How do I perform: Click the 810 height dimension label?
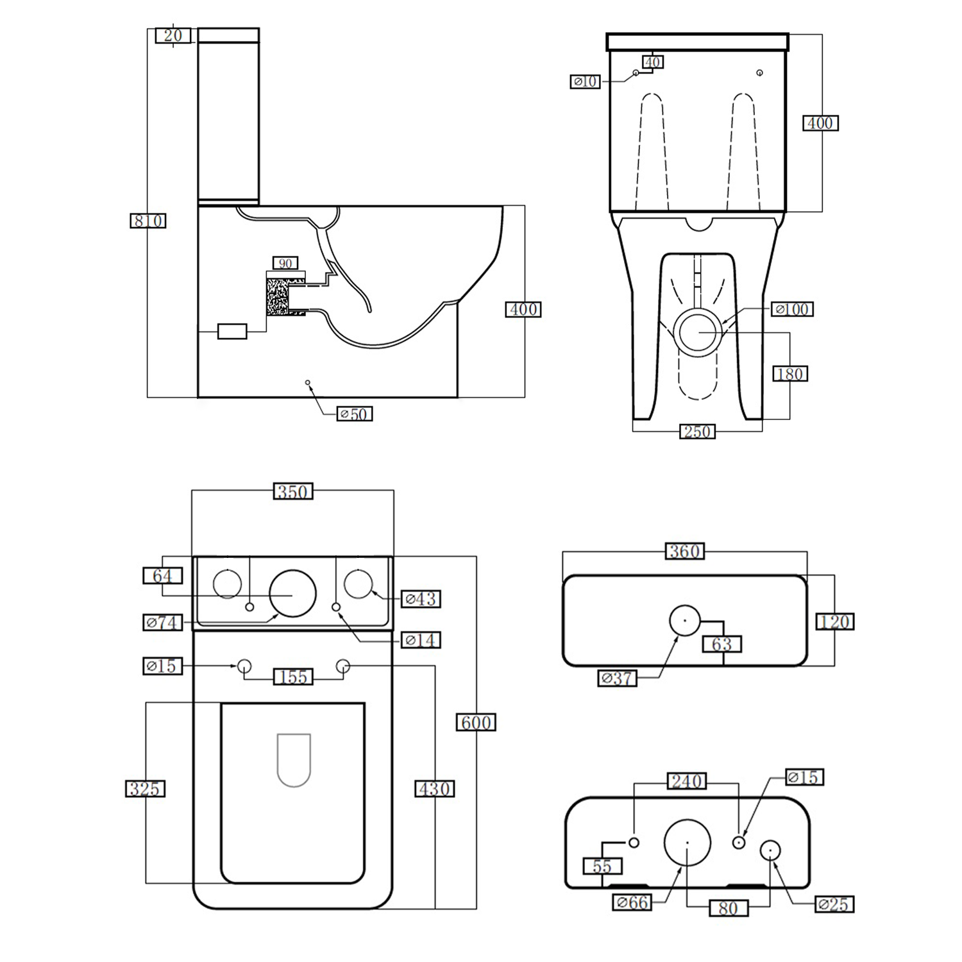tap(148, 221)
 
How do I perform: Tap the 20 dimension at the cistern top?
tap(173, 35)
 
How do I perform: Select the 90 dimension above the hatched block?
tap(285, 263)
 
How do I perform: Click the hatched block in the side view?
tap(278, 294)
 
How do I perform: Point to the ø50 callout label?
tap(354, 414)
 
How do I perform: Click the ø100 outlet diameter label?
tap(792, 309)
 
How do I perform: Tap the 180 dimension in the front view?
tap(789, 374)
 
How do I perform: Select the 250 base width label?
tap(697, 432)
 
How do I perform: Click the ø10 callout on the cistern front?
tap(585, 81)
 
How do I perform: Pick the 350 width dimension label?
tap(293, 491)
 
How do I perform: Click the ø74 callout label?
tap(162, 622)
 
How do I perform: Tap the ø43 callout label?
tap(421, 599)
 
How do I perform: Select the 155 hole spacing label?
tap(293, 677)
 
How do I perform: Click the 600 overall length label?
tap(476, 722)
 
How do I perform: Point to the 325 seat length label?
tap(145, 788)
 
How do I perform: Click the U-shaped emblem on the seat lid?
tap(294, 759)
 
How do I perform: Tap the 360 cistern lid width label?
tap(684, 551)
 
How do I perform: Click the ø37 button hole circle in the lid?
tap(685, 620)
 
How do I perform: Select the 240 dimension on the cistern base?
tap(686, 781)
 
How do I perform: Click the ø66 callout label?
tap(632, 902)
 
